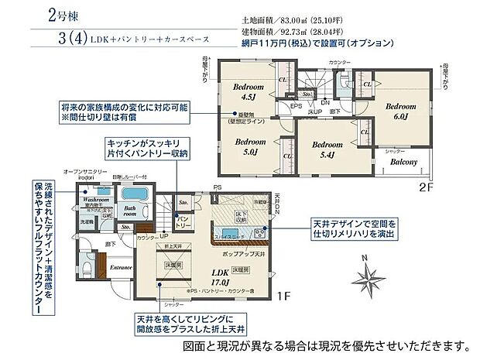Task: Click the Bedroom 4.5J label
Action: click(x=249, y=92)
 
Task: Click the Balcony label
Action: click(x=403, y=163)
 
